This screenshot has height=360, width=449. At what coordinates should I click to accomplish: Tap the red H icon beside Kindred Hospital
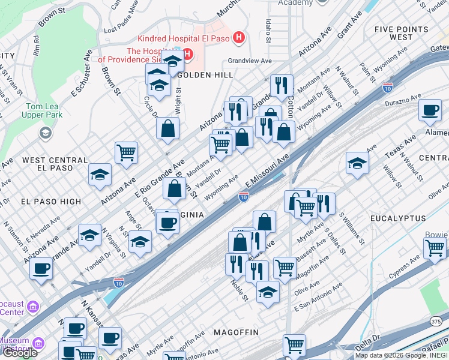pyautogui.click(x=240, y=38)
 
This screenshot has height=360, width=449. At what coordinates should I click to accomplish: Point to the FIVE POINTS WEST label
pyautogui.click(x=393, y=33)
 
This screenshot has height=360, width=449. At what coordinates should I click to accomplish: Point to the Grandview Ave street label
pyautogui.click(x=250, y=61)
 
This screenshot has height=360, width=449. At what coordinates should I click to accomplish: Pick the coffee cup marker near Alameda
pyautogui.click(x=430, y=112)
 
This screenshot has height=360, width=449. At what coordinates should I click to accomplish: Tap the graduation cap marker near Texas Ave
pyautogui.click(x=357, y=163)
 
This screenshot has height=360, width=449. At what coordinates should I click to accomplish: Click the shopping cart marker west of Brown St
pyautogui.click(x=126, y=154)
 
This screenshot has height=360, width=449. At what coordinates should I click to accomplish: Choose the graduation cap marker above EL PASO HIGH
pyautogui.click(x=100, y=175)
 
